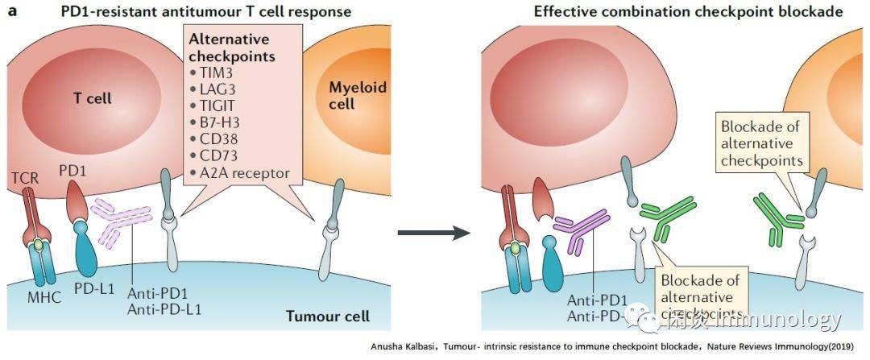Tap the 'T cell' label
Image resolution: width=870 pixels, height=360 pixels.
88,98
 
